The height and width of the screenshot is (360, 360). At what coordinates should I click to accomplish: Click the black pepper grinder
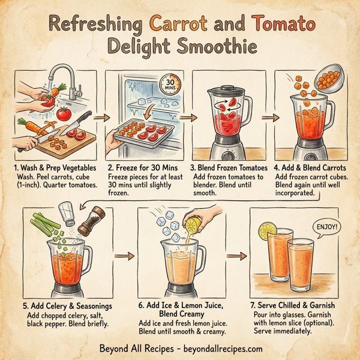click(90, 222)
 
